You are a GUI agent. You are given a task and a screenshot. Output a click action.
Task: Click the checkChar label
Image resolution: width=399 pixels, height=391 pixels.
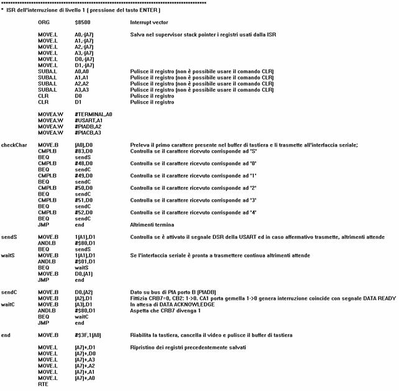pyautogui.click(x=14, y=144)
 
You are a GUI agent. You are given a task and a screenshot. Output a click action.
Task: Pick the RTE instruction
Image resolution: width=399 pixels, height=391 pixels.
pyautogui.click(x=42, y=385)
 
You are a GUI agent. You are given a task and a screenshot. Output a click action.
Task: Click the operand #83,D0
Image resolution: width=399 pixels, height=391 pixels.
pyautogui.click(x=83, y=150)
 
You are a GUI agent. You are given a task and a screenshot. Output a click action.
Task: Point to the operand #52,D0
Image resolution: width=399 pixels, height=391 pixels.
pyautogui.click(x=83, y=212)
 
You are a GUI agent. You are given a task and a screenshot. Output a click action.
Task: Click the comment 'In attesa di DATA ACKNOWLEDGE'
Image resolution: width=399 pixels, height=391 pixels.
pyautogui.click(x=172, y=304)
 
